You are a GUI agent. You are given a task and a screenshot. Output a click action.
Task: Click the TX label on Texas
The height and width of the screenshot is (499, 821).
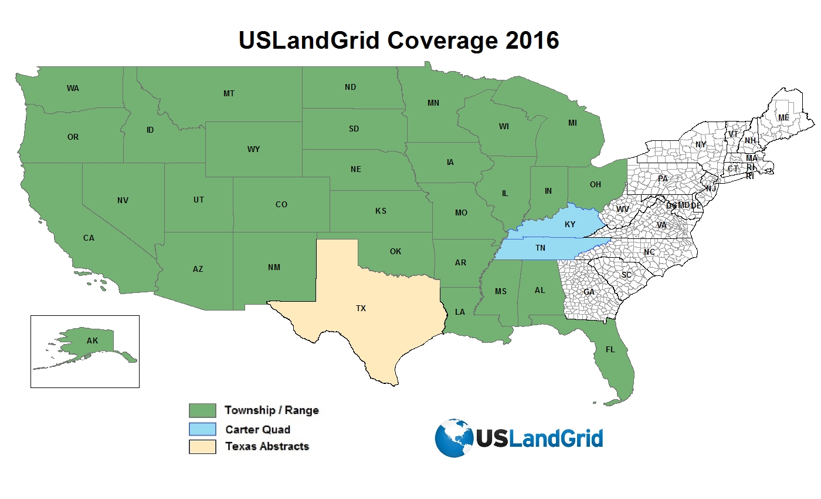361,308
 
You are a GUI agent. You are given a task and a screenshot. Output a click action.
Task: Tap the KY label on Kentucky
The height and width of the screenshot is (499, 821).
570,225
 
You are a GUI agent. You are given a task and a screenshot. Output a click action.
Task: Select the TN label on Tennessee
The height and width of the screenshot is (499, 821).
540,248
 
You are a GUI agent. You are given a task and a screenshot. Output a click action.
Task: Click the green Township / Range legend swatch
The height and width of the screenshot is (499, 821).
202,410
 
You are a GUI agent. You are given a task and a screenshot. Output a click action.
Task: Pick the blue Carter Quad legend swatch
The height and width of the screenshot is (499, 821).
202,429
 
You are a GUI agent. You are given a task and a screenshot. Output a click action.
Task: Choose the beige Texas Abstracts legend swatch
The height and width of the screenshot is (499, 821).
202,447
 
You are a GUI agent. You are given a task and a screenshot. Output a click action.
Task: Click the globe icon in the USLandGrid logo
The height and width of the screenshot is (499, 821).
454,438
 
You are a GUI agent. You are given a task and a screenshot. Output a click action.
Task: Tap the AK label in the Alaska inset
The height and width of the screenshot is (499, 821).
92,340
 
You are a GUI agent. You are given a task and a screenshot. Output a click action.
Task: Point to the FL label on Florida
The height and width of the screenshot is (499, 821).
610,349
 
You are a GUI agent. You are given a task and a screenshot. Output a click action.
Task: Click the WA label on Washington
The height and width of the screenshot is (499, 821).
73,88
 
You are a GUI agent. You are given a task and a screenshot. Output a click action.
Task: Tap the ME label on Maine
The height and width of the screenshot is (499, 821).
784,117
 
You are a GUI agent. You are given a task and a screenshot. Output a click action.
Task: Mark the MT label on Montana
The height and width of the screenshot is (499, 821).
229,93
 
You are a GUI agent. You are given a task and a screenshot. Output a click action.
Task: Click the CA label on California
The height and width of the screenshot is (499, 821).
89,238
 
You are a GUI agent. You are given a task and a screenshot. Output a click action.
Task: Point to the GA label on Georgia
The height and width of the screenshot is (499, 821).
589,292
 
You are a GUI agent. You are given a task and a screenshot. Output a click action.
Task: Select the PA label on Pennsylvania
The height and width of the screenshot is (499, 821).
663,178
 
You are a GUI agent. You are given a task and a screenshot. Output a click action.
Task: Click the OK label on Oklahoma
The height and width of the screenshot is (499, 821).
395,251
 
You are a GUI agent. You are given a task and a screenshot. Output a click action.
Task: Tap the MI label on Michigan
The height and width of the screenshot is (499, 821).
572,123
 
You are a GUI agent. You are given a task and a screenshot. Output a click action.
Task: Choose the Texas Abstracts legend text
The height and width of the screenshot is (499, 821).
267,446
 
